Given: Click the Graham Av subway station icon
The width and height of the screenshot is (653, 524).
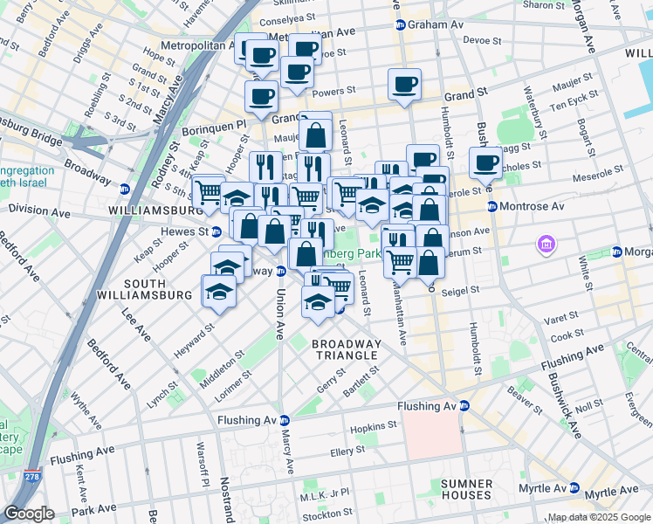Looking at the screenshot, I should [400, 25].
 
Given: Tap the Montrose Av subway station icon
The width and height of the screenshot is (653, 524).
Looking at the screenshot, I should [492, 207].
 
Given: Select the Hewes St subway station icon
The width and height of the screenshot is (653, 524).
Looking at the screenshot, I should [216, 231].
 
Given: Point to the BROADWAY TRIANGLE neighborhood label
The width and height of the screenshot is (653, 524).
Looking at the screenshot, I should [347, 349].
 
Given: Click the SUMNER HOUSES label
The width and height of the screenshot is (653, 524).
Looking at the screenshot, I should [466, 489].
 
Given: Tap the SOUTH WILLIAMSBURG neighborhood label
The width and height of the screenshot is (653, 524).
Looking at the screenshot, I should [157, 290].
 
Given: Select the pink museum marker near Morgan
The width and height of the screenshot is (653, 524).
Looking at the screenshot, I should [546, 244].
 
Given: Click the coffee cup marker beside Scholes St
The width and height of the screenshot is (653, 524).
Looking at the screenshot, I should [486, 162].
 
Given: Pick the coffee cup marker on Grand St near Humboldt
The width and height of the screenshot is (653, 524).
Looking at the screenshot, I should [405, 84].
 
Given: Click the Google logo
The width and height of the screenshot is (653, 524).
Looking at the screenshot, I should [29, 514].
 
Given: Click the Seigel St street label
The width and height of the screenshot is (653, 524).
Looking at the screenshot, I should [461, 290].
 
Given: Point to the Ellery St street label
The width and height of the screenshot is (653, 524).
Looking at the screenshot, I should [347, 451].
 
